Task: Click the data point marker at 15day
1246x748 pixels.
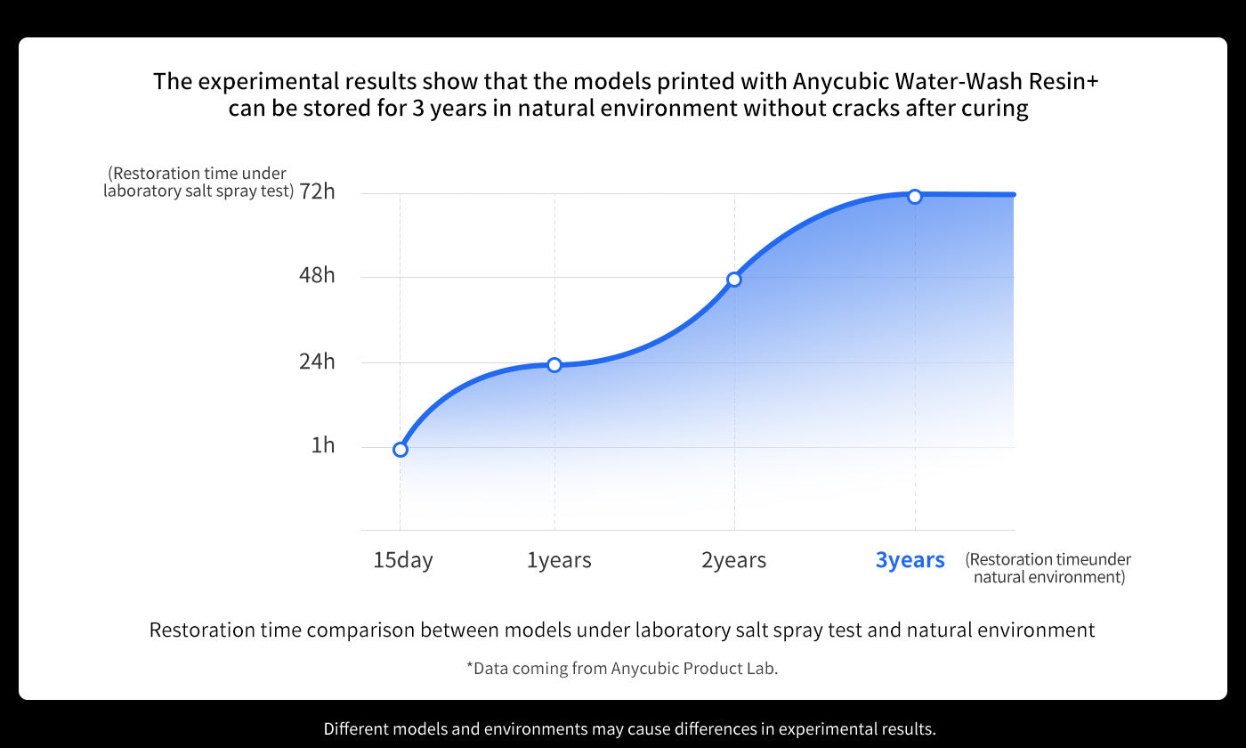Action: (400, 450)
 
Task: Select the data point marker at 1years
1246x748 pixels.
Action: (554, 365)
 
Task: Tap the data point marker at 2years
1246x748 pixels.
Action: (734, 280)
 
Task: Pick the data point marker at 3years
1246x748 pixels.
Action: (915, 196)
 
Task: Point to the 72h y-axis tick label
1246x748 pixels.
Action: (318, 191)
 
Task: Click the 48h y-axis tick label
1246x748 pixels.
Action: (318, 275)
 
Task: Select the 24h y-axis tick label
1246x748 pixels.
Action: (318, 362)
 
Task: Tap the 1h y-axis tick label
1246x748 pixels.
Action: (322, 445)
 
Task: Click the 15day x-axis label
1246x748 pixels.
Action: (403, 560)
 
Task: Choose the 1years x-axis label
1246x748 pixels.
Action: (559, 560)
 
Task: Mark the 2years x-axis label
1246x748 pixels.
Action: (733, 560)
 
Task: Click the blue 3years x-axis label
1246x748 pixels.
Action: (910, 560)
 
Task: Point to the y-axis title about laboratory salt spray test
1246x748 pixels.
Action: (198, 183)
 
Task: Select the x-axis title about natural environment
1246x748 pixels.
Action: (1048, 568)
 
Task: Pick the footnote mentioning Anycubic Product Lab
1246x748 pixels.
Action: (622, 668)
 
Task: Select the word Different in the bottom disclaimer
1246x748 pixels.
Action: (355, 728)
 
